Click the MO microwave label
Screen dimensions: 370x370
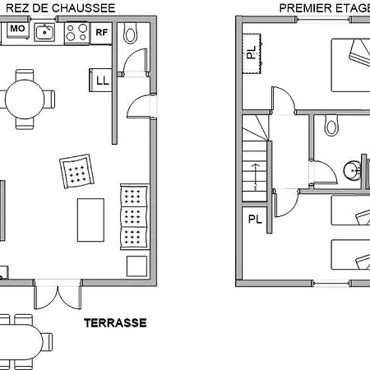[x=17, y=28]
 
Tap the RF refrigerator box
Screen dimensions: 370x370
[x=101, y=33]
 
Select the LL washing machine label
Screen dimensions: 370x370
[x=103, y=81]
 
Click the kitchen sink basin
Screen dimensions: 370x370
[x=44, y=32]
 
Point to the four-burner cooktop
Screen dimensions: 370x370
[x=76, y=33]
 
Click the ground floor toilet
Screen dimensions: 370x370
[x=131, y=33]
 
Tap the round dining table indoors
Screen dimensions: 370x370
[x=25, y=99]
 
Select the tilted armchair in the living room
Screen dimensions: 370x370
[x=76, y=171]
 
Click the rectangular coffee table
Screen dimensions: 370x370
[x=90, y=220]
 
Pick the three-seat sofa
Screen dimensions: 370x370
[x=135, y=217]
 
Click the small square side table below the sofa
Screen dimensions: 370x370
[x=136, y=266]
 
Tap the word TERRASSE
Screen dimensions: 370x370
[x=115, y=323]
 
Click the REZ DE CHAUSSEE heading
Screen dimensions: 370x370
[x=61, y=8]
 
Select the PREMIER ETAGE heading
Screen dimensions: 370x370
[x=325, y=8]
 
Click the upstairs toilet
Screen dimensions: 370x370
[x=331, y=126]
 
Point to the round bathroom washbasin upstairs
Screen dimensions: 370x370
[x=353, y=170]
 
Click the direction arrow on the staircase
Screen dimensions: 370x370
[x=255, y=173]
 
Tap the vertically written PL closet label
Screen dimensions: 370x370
[x=252, y=53]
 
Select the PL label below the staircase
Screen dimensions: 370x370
[x=255, y=220]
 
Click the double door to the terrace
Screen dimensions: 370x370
[x=58, y=295]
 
